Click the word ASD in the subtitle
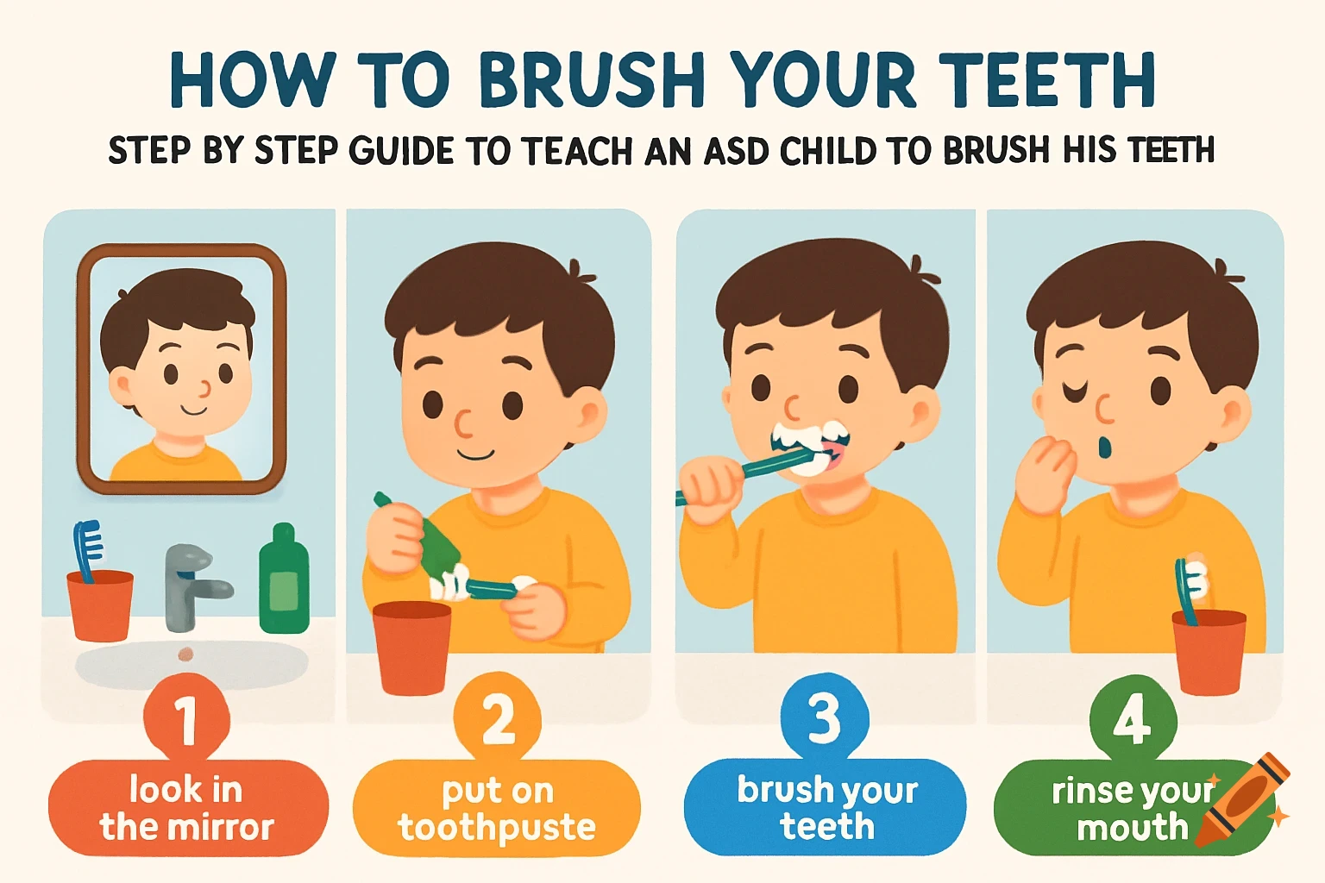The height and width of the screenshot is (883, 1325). (x=736, y=152)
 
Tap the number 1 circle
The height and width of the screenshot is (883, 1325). (x=186, y=717)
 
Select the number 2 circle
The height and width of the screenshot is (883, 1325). (x=498, y=717)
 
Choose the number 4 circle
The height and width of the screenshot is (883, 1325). (x=1132, y=717)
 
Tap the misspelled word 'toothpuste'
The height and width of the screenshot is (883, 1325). (x=496, y=828)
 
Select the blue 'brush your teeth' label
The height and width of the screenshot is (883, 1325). (x=826, y=808)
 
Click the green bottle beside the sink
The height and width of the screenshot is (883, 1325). (x=284, y=579)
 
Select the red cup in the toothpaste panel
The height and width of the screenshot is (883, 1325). (x=411, y=647)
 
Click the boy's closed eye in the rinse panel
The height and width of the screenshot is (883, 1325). (x=1075, y=393)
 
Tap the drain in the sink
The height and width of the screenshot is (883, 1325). (x=185, y=654)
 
